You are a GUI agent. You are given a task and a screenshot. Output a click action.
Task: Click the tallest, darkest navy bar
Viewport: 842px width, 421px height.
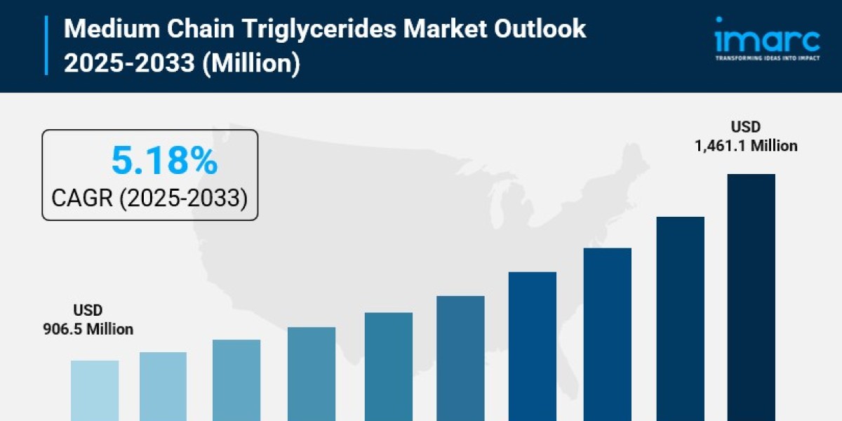point(751,298)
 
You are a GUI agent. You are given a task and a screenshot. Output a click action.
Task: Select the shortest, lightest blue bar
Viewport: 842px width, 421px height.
point(95,391)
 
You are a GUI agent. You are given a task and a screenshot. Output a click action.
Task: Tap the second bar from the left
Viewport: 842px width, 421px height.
point(163,387)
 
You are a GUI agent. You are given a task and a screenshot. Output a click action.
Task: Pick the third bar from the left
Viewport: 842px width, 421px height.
point(236,380)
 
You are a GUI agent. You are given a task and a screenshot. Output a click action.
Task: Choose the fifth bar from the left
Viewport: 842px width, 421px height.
point(389,366)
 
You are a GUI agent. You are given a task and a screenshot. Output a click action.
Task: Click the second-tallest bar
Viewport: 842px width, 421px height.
point(680,319)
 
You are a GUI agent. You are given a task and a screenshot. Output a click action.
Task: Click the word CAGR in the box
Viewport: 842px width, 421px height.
point(82,198)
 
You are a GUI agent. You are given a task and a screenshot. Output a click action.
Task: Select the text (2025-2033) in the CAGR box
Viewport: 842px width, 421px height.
point(183,198)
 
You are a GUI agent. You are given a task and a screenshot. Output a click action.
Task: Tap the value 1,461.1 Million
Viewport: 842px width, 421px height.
point(746,146)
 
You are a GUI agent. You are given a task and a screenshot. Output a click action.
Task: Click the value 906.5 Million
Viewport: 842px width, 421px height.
point(88,329)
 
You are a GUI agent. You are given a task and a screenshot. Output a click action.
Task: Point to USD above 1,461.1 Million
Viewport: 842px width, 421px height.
point(746,128)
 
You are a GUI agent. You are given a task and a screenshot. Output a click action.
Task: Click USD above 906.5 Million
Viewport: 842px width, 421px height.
point(88,310)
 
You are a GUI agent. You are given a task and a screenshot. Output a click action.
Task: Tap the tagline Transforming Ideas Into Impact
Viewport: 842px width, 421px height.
point(766,58)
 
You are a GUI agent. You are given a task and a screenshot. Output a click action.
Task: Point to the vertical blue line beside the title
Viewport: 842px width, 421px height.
point(47,46)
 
